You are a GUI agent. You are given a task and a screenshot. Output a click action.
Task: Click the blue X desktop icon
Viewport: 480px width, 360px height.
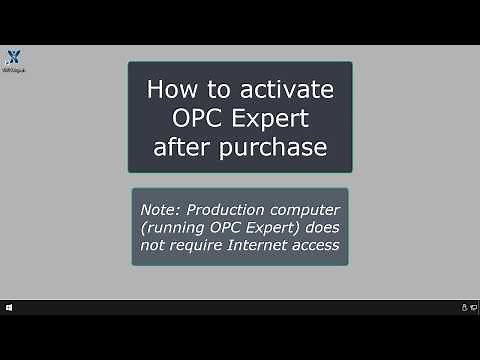pyautogui.click(x=13, y=57)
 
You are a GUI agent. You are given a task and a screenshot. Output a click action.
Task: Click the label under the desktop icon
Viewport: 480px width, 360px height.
pyautogui.click(x=13, y=70)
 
